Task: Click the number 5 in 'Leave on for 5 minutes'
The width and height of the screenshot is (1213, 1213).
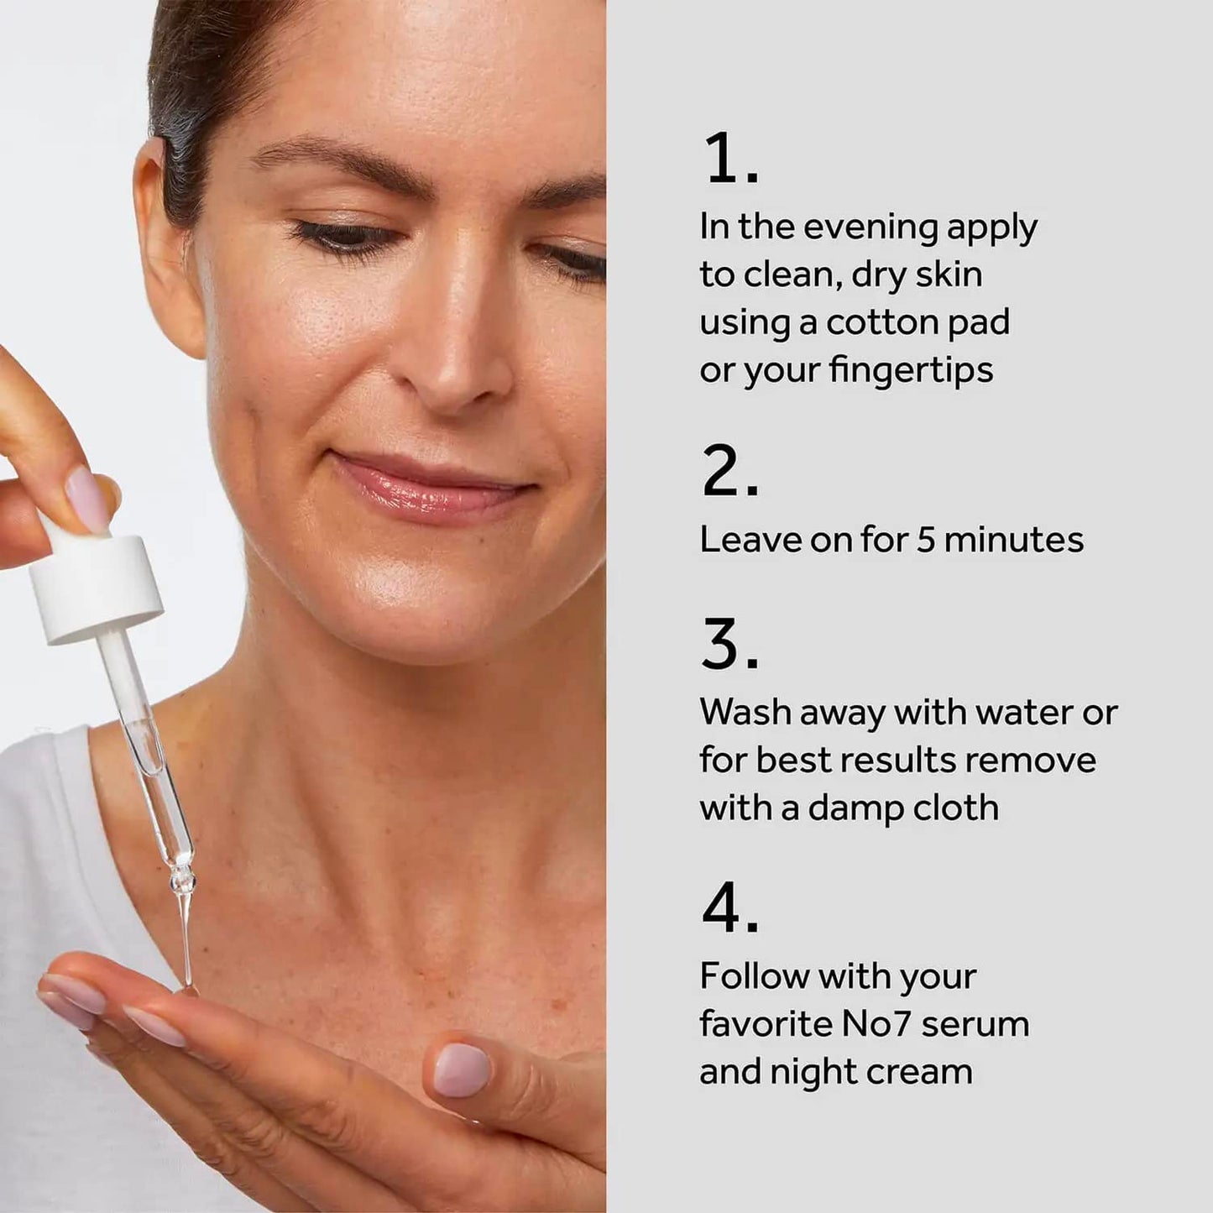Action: pyautogui.click(x=925, y=539)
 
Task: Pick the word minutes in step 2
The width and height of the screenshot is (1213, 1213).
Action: pyautogui.click(x=1013, y=539)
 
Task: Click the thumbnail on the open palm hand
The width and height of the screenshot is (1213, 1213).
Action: pyautogui.click(x=461, y=1071)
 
